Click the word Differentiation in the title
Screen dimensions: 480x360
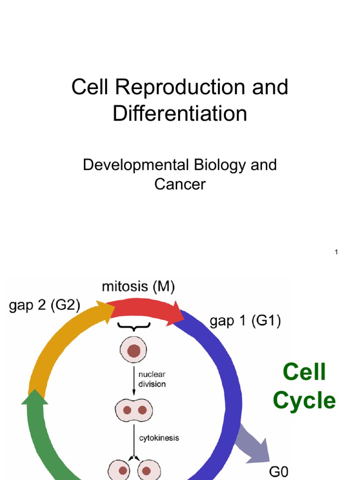click(180, 114)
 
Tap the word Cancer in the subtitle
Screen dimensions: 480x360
click(180, 184)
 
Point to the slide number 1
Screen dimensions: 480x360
click(336, 253)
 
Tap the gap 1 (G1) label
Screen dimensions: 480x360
click(245, 322)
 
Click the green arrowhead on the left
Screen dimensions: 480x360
click(34, 398)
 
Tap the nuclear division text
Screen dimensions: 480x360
click(152, 379)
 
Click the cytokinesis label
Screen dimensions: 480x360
click(158, 438)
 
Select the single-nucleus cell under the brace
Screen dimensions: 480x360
click(134, 351)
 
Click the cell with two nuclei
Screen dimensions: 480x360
click(134, 410)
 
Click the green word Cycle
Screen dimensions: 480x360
click(304, 401)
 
